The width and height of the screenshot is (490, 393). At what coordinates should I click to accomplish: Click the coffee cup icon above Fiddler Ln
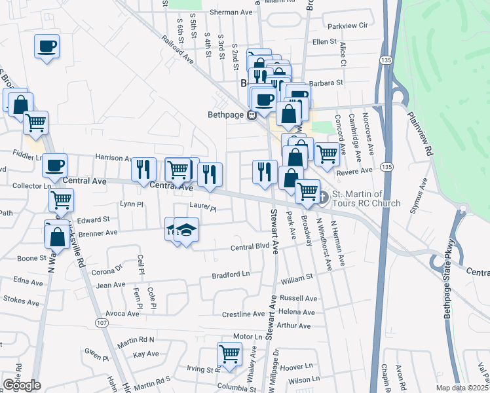pyautogui.click(x=55, y=164)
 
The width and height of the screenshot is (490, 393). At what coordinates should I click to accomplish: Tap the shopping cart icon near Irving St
pyautogui.click(x=230, y=354)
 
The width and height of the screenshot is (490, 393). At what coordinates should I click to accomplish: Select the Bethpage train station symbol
pyautogui.click(x=252, y=115)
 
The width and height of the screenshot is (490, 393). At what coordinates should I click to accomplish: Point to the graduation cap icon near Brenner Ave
pyautogui.click(x=187, y=230)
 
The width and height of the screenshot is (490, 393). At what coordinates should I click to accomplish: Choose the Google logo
pyautogui.click(x=22, y=385)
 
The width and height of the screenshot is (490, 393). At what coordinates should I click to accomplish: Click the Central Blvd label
pyautogui.click(x=250, y=247)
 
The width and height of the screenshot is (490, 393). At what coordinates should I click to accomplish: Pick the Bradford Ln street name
pyautogui.click(x=231, y=274)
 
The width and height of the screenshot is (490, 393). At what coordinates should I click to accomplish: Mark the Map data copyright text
pyautogui.click(x=462, y=388)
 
